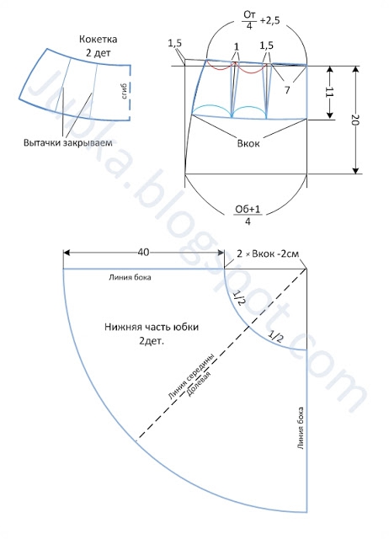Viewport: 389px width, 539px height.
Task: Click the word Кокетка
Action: [x=98, y=40]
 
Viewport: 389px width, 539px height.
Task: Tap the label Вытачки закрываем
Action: [x=68, y=142]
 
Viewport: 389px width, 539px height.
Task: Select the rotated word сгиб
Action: [x=125, y=91]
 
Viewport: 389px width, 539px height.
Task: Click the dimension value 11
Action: [x=330, y=93]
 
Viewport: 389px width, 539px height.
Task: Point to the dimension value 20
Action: [x=355, y=120]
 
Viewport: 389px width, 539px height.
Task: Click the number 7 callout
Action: [x=287, y=90]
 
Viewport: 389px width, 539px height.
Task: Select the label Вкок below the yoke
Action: [x=248, y=143]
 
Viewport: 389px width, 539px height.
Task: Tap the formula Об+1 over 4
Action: [x=248, y=215]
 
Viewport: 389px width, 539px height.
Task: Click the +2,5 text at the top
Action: [x=269, y=20]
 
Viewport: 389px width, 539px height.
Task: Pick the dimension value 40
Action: [x=144, y=253]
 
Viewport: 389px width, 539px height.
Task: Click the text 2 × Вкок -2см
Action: [x=268, y=254]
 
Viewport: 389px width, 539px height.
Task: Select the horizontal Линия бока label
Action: [x=130, y=277]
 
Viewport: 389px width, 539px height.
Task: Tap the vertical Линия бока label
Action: [x=301, y=429]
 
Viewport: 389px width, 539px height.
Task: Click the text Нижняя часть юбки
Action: [x=152, y=327]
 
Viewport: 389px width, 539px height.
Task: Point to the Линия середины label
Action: [x=193, y=376]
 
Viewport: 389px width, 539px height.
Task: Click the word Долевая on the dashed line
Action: [x=198, y=384]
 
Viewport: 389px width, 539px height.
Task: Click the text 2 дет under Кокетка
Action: [x=99, y=53]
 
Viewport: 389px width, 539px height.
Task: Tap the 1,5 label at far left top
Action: [x=175, y=43]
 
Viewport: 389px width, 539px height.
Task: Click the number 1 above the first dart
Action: [x=237, y=46]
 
